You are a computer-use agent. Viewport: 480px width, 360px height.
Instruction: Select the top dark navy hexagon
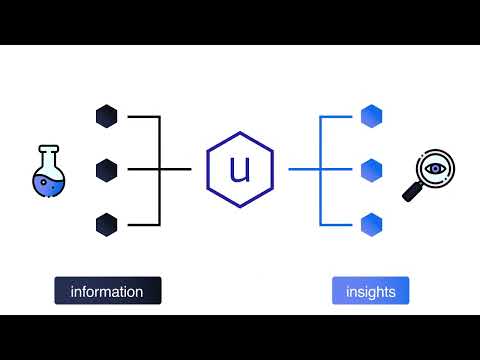coord(107,117)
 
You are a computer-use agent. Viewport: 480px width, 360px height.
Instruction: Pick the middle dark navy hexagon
coord(107,170)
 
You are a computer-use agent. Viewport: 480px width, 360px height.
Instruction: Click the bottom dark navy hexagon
coord(107,223)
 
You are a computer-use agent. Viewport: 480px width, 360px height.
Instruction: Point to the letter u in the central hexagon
coord(240,170)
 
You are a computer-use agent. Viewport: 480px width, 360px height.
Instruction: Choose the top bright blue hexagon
coord(372,117)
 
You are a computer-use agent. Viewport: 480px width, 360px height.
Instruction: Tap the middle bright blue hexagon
coord(372,170)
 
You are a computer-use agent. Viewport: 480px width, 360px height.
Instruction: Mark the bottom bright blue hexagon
coord(372,223)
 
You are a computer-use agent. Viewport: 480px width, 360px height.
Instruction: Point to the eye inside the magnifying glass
coord(435,168)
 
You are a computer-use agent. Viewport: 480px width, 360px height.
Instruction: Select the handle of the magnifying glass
coord(411,193)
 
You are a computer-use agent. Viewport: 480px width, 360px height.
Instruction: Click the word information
coord(107,292)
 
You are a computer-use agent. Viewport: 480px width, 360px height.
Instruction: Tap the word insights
coord(371,292)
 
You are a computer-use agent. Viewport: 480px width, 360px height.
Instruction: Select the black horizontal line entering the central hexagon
coord(178,170)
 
